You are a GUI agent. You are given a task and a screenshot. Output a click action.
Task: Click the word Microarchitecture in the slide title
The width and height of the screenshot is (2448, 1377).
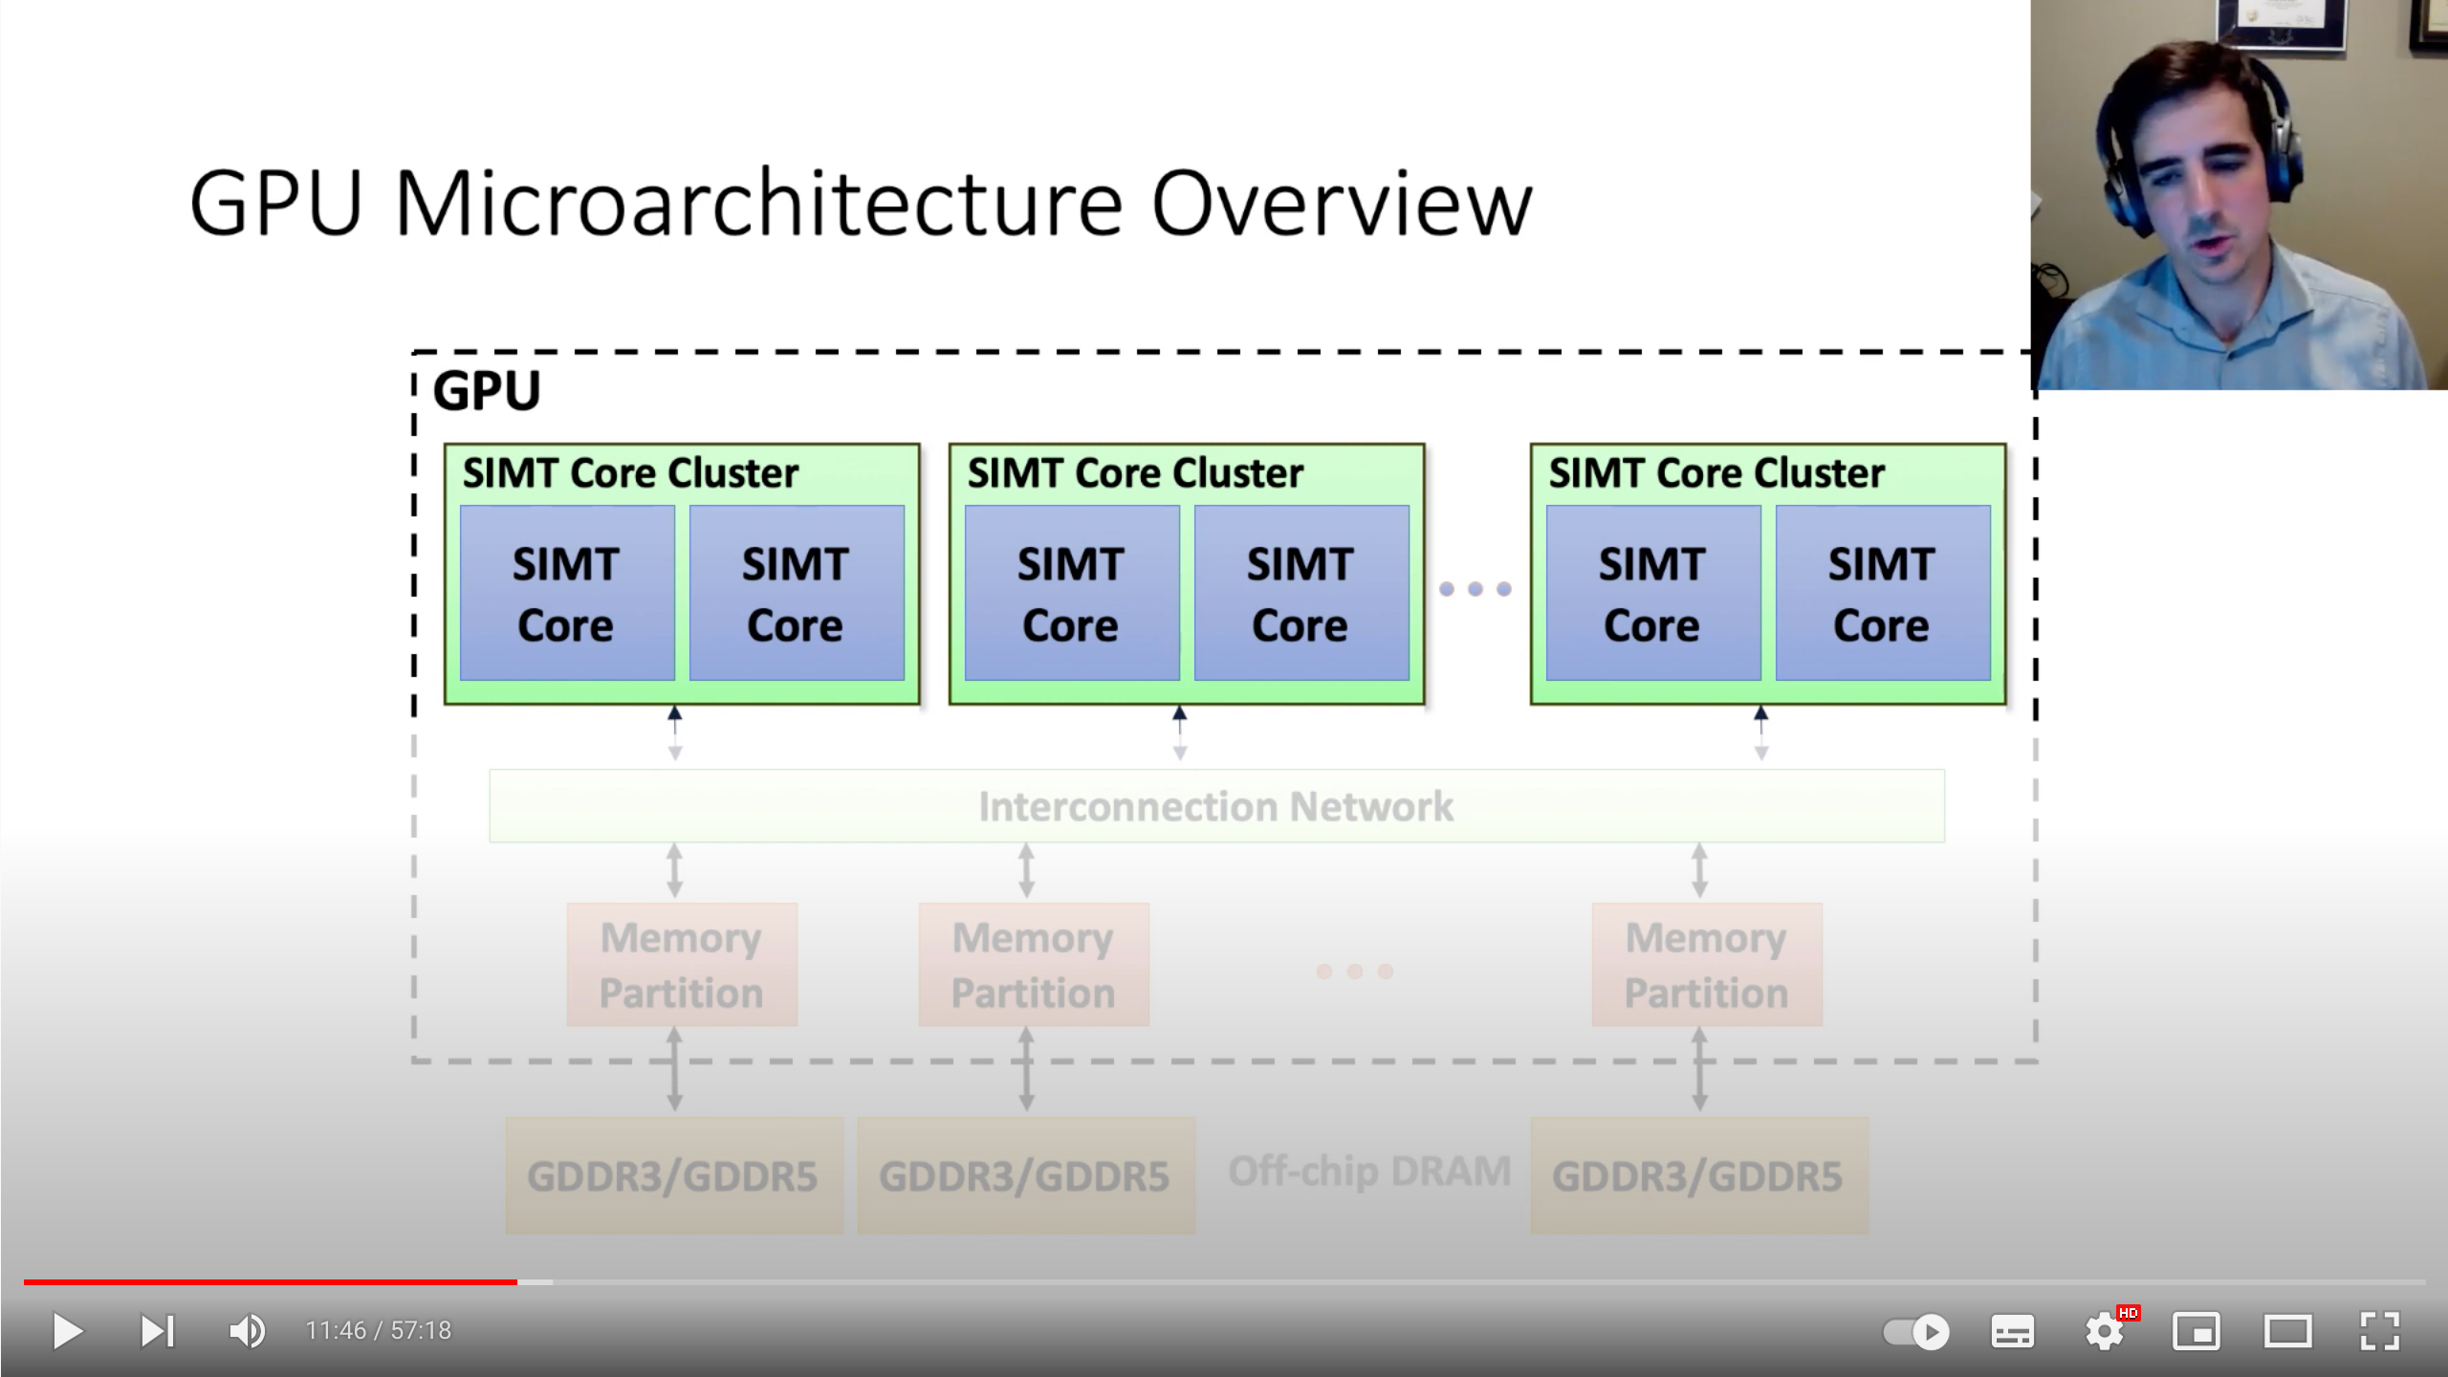tap(758, 204)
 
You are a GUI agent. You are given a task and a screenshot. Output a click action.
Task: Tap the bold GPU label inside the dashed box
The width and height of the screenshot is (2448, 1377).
tap(487, 391)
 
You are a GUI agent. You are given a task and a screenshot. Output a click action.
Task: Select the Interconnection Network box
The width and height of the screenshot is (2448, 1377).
tap(1216, 806)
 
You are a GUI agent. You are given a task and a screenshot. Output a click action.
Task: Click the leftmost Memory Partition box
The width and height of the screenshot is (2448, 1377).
tap(682, 965)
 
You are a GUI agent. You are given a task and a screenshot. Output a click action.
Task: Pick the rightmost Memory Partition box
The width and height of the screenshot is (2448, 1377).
tap(1707, 965)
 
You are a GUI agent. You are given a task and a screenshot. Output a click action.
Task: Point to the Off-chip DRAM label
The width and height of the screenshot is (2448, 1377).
tap(1369, 1171)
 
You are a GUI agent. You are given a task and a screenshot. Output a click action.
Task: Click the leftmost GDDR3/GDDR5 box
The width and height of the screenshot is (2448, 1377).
tap(674, 1176)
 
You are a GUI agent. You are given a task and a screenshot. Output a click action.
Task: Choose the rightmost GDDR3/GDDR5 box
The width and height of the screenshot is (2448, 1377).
tap(1699, 1176)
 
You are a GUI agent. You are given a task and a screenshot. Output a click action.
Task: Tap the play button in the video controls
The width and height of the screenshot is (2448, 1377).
tap(67, 1331)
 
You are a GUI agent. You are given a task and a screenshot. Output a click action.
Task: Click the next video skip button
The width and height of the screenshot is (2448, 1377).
tap(158, 1331)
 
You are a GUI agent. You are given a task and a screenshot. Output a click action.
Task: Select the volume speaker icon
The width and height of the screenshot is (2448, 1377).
tap(248, 1331)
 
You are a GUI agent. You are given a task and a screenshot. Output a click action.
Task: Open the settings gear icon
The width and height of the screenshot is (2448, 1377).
tap(2105, 1331)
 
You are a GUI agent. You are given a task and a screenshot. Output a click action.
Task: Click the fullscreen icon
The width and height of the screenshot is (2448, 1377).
tap(2380, 1331)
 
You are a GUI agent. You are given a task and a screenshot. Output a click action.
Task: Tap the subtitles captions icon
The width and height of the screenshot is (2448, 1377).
tap(2013, 1332)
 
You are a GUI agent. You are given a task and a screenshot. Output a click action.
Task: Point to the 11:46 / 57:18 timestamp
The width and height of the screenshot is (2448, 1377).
tap(378, 1331)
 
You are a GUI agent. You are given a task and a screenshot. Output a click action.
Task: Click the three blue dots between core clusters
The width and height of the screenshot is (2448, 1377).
tap(1475, 589)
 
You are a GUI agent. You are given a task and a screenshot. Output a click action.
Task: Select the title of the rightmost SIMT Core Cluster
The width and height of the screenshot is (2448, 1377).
tap(1716, 473)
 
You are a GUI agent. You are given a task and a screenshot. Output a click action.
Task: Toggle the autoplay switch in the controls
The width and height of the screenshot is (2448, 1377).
tap(1916, 1332)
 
